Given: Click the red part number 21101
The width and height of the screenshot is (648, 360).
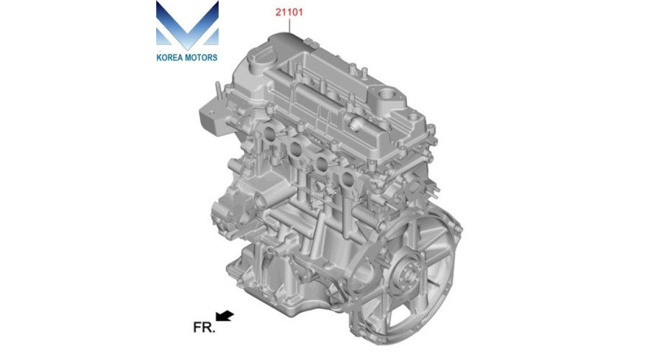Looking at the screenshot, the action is click(x=289, y=12).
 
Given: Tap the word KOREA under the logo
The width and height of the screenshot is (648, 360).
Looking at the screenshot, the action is click(x=169, y=58).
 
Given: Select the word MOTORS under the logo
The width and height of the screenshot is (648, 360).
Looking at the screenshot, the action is click(x=201, y=58).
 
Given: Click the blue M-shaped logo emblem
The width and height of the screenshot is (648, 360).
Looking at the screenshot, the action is click(x=187, y=24).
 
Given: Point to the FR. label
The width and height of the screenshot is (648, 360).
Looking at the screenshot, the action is click(x=204, y=328).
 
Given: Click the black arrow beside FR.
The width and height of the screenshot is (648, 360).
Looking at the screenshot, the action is click(x=225, y=316).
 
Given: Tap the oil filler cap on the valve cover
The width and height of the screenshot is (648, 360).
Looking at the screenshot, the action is click(x=258, y=58).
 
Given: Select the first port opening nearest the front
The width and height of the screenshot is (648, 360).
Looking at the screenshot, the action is click(x=269, y=133).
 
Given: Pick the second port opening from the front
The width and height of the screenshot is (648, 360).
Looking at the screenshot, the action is click(x=295, y=148).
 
